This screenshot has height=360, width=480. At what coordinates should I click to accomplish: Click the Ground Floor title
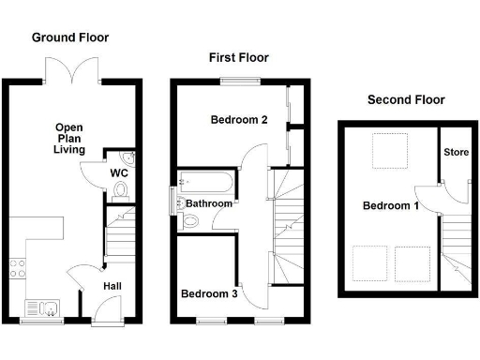[70, 37]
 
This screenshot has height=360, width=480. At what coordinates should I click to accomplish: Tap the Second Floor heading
[406, 99]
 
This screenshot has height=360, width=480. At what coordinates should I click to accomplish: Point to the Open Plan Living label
[69, 139]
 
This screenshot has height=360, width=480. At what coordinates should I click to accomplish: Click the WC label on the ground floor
[119, 173]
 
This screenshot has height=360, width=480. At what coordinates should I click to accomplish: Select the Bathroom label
[207, 203]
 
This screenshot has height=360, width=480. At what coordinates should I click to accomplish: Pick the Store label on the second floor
[456, 152]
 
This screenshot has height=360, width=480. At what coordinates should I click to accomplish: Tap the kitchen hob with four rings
[18, 270]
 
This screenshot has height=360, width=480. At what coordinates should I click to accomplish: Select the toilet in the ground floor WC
[118, 191]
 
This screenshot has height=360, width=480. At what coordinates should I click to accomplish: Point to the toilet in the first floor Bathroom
[190, 221]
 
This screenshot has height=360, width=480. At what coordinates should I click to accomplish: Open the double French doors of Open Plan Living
[74, 71]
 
